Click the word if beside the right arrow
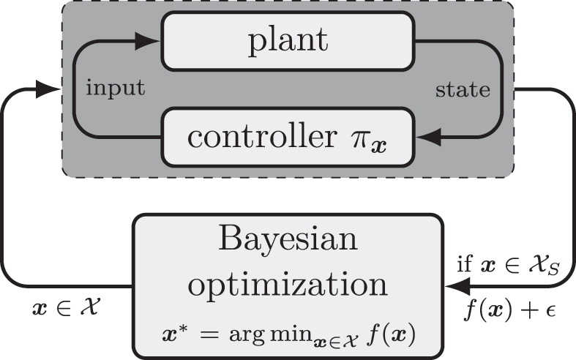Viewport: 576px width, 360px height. click(x=463, y=265)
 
